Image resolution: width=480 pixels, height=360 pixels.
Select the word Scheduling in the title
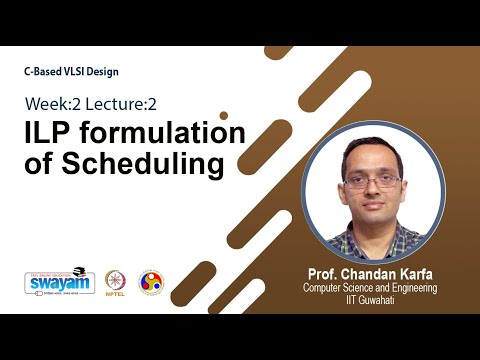point(138,163)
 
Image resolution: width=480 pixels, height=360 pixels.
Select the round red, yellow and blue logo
point(152,282)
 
